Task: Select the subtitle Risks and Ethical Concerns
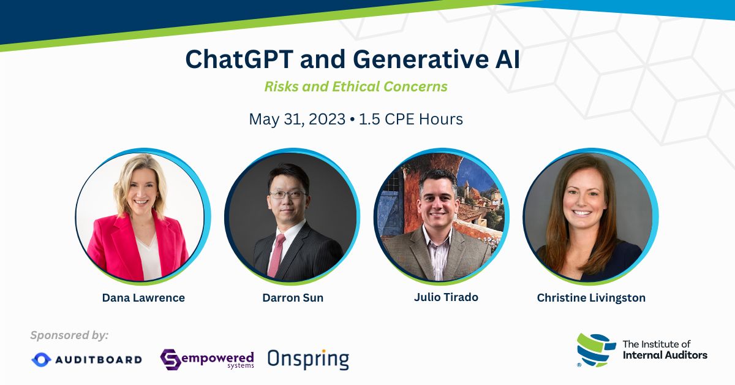tap(356, 86)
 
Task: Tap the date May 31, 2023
tap(297, 119)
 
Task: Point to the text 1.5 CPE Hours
tap(410, 119)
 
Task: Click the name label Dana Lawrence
tap(143, 298)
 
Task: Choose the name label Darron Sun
tap(292, 298)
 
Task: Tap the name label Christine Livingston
tap(591, 298)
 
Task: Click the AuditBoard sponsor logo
tap(86, 359)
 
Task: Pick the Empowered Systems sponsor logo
tap(207, 359)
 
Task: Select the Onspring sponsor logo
tap(308, 358)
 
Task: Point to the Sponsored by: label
tap(69, 335)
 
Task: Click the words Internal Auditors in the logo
tap(665, 355)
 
